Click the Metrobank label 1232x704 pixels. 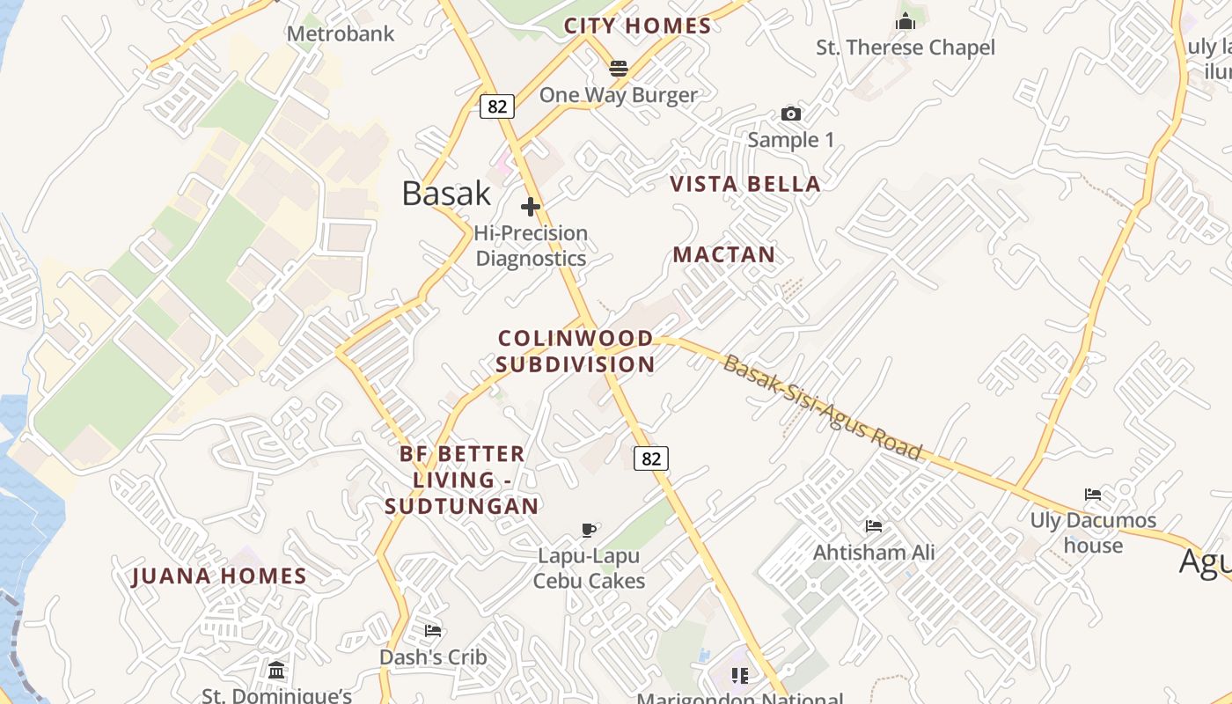341,34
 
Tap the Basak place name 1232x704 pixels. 446,194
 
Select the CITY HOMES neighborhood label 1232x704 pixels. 637,26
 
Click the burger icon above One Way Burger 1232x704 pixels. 619,68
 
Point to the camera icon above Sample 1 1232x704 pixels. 790,114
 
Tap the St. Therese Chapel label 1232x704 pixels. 906,48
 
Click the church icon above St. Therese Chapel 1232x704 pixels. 906,21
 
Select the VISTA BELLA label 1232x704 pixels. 745,184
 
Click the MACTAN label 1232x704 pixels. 724,255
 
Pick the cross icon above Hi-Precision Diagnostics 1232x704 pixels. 530,207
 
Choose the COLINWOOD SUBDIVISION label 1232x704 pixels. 576,351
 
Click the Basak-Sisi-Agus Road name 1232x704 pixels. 822,407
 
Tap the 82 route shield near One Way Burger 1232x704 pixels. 497,106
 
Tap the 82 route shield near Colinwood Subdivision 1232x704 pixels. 650,458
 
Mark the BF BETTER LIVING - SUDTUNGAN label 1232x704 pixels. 462,480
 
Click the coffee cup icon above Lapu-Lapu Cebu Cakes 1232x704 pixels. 589,530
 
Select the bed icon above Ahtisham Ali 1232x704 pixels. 873,526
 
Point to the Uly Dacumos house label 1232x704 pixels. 1093,532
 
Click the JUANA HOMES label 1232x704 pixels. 219,576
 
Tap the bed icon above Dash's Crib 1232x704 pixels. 432,631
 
